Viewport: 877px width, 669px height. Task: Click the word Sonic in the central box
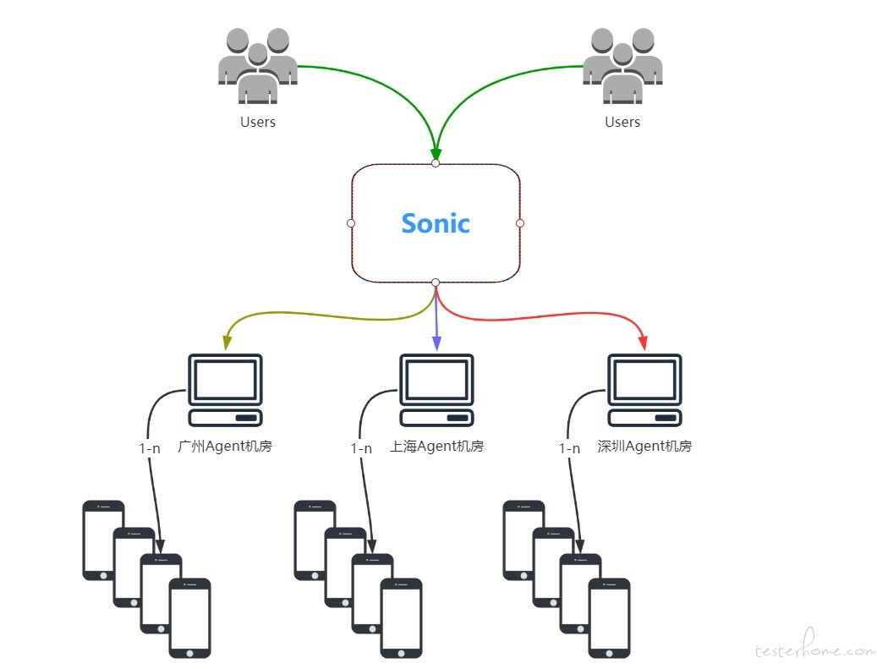(x=436, y=223)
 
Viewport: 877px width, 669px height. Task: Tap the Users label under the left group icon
(x=258, y=122)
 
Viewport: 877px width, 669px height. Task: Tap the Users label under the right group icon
(x=622, y=122)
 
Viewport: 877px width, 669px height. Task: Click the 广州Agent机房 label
(x=225, y=446)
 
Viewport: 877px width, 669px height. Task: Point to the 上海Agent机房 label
(x=437, y=446)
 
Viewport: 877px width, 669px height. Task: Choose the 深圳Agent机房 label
(x=644, y=446)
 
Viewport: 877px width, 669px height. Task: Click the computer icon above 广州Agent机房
(x=225, y=390)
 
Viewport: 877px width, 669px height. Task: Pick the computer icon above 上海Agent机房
(x=436, y=390)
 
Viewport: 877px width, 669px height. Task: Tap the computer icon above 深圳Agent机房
(x=645, y=390)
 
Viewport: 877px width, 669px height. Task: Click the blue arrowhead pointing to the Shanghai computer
(x=436, y=343)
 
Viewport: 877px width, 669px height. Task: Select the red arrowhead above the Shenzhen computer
(x=643, y=343)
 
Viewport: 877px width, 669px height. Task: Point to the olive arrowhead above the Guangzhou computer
(x=226, y=343)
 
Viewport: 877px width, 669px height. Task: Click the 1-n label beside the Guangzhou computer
(x=150, y=448)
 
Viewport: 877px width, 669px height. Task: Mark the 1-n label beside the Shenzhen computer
(x=570, y=448)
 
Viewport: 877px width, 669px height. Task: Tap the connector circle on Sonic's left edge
(x=351, y=223)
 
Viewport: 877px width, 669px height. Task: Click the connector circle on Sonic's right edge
(x=520, y=223)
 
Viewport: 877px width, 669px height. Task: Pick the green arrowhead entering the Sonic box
(x=436, y=151)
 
